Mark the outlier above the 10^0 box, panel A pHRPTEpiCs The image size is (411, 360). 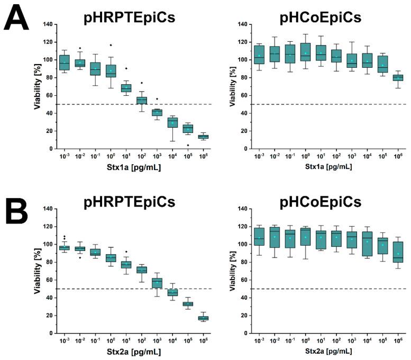coord(111,46)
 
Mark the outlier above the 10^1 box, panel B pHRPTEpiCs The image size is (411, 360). coord(126,252)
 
